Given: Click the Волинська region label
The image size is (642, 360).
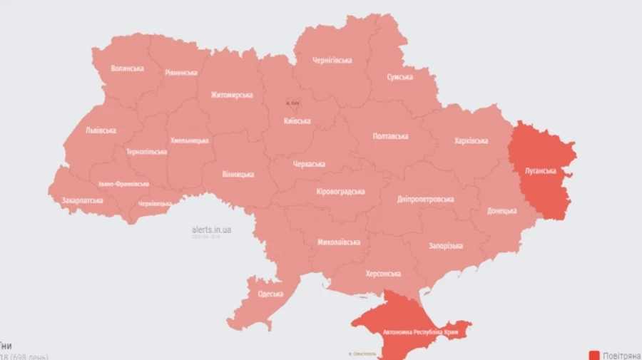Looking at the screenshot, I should coord(127,68).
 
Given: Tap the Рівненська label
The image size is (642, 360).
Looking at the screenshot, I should coord(181,73).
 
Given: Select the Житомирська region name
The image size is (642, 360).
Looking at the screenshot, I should coord(231,95).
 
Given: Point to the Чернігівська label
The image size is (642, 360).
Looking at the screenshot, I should coord(332,61).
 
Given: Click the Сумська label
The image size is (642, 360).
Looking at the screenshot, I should coord(399,77).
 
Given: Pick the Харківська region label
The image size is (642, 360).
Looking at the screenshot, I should coord(471,140).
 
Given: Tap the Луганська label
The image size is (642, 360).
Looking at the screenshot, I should coord(540,172).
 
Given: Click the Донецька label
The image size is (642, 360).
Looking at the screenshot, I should coord(502,211).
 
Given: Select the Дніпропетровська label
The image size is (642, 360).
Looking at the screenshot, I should coord(426,199).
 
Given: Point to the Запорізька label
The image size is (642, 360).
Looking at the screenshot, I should coord(445,246).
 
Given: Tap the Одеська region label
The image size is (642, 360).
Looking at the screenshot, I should coord(270,294).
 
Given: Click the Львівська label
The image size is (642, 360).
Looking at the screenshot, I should coord(101,130).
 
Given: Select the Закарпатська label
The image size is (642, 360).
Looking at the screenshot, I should coord(82,200).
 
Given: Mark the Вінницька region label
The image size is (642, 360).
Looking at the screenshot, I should coord(238,174).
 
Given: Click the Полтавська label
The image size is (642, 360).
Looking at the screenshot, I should coord(390,135).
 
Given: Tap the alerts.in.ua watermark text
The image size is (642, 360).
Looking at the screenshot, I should coord(211,230).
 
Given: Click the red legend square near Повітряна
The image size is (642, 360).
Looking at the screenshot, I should coord(594,355).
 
